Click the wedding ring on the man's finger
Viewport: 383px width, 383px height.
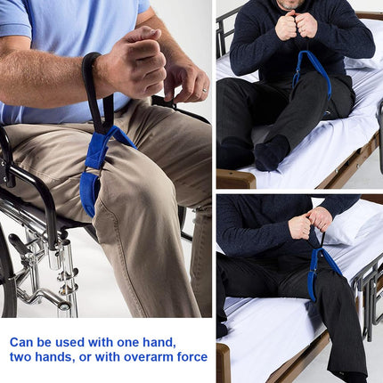205,90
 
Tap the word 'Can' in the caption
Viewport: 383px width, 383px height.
21,342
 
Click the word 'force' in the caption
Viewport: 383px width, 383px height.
192,356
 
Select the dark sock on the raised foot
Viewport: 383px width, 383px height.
272,153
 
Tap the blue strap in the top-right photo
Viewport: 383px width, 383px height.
313,73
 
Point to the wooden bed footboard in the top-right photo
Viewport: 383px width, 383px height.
236,179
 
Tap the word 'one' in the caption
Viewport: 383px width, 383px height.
127,342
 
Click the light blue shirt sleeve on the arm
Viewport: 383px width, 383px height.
15,19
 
